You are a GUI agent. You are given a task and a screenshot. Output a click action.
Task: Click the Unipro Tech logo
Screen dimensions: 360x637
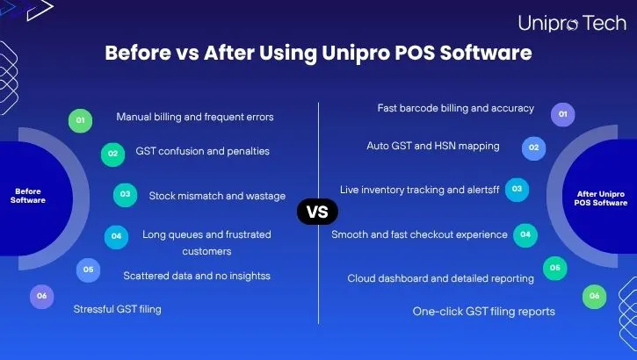pyautogui.click(x=572, y=23)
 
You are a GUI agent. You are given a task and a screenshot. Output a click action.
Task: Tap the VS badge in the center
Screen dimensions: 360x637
pyautogui.click(x=317, y=212)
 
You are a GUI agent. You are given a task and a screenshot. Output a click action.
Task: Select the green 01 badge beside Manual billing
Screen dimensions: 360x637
pyautogui.click(x=80, y=120)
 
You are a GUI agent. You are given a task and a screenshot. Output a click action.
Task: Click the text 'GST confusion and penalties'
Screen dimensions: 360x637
pyautogui.click(x=202, y=151)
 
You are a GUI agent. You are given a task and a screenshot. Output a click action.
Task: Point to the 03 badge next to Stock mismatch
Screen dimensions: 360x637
pyautogui.click(x=126, y=195)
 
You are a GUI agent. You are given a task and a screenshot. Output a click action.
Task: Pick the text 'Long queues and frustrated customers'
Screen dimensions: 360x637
pyautogui.click(x=206, y=242)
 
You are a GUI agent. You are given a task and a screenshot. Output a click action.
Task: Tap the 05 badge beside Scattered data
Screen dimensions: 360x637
pyautogui.click(x=88, y=270)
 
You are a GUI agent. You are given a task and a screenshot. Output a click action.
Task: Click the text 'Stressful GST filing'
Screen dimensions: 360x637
pyautogui.click(x=117, y=309)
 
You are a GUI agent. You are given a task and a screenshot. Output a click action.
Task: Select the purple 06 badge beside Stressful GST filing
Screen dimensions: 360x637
pyautogui.click(x=41, y=297)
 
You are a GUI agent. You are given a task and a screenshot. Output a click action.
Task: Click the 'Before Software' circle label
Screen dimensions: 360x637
pyautogui.click(x=27, y=195)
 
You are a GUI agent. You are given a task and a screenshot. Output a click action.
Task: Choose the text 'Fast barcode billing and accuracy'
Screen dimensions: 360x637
pyautogui.click(x=455, y=108)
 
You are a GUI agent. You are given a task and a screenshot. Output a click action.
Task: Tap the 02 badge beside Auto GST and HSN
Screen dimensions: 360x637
pyautogui.click(x=533, y=148)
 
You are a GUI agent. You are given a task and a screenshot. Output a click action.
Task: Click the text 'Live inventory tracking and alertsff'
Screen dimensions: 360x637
pyautogui.click(x=419, y=190)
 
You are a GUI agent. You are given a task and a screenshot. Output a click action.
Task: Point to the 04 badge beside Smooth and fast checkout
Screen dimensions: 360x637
pyautogui.click(x=525, y=234)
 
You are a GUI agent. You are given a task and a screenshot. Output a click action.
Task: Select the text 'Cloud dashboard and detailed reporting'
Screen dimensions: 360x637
pyautogui.click(x=440, y=278)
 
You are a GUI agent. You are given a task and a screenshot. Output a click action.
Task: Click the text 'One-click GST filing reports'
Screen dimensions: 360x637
pyautogui.click(x=483, y=311)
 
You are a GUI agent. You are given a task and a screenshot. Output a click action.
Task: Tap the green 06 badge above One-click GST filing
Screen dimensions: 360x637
pyautogui.click(x=594, y=297)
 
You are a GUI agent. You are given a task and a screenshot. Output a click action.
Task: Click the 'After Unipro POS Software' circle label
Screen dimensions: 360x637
pyautogui.click(x=601, y=198)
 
